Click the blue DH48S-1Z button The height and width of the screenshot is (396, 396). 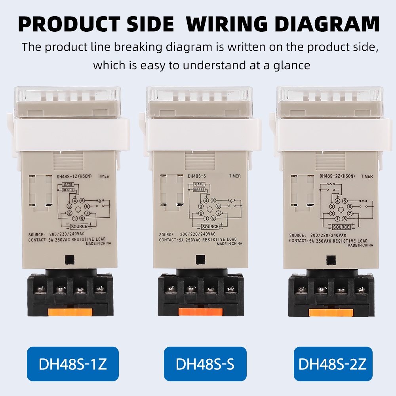click(73, 364)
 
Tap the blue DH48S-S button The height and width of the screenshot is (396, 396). click(205, 364)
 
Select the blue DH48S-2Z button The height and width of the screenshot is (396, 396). click(333, 364)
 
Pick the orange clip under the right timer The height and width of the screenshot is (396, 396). click(331, 312)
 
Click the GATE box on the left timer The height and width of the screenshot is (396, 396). click(68, 185)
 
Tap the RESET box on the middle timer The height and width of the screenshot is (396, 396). click(199, 190)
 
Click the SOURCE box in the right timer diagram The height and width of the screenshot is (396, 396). click(341, 227)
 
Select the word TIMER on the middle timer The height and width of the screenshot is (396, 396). click(234, 176)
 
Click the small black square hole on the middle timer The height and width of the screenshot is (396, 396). click(200, 259)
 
